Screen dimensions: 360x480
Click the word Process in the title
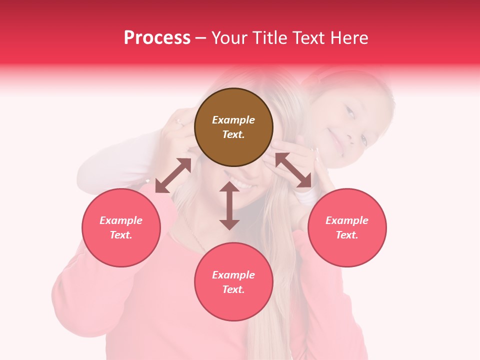coord(157,38)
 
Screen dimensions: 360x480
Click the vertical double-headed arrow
coord(229,205)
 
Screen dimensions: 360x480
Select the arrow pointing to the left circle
coord(173,175)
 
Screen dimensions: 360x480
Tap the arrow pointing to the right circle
coord(293,170)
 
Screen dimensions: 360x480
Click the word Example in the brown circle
coord(233,120)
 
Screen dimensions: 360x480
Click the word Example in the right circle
coord(346,220)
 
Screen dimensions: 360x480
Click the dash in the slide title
coord(200,38)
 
